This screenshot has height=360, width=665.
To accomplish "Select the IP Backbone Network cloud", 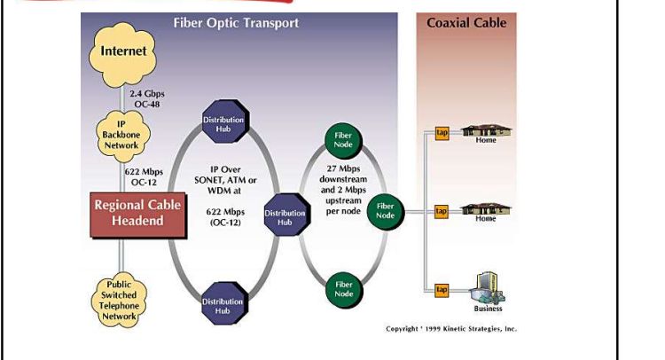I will pos(123,133).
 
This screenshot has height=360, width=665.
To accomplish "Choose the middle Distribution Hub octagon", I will pos(284,217).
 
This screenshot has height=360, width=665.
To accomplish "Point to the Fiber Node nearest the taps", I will pos(385,211).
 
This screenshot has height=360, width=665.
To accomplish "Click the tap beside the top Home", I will pos(442,133).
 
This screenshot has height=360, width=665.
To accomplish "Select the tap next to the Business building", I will pos(442,289).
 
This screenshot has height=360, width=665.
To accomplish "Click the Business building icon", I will pos(487,286).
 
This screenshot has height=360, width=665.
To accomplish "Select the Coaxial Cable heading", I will pos(466,22).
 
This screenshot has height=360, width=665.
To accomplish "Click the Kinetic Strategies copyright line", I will pos(450,329).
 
